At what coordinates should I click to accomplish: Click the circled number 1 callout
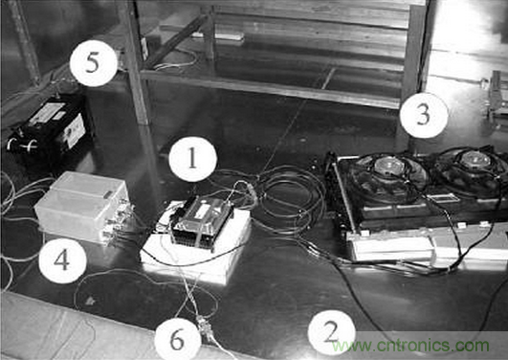tap(192, 159)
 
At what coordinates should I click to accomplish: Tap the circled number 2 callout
tap(331, 333)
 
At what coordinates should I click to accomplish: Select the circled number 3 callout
tap(424, 115)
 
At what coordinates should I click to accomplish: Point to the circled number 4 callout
tap(62, 260)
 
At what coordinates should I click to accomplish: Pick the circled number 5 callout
tap(93, 63)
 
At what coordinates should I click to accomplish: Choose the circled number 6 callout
tap(178, 339)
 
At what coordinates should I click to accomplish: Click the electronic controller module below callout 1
tap(202, 220)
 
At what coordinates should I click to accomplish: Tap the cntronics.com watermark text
tap(410, 346)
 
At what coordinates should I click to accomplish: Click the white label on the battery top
tap(47, 114)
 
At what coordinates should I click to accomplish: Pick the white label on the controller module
tap(202, 211)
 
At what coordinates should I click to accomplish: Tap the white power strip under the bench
tap(218, 36)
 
